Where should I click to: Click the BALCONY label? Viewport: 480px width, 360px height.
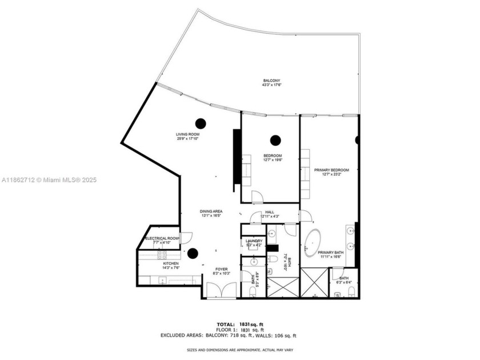pyautogui.click(x=272, y=81)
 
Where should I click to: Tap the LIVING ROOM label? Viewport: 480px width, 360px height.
pyautogui.click(x=187, y=134)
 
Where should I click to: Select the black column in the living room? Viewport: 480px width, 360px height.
pyautogui.click(x=201, y=122)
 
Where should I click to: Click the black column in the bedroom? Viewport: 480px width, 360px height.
pyautogui.click(x=276, y=139)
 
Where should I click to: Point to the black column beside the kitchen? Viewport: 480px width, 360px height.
pyautogui.click(x=193, y=253)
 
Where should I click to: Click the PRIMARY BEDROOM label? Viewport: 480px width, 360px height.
pyautogui.click(x=331, y=170)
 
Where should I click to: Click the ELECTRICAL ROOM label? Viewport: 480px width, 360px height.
pyautogui.click(x=162, y=238)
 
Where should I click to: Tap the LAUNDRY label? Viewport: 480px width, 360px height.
pyautogui.click(x=254, y=241)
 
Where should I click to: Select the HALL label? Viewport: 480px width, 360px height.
pyautogui.click(x=269, y=212)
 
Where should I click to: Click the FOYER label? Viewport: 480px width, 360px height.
pyautogui.click(x=221, y=269)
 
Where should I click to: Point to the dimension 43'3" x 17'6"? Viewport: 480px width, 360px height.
pyautogui.click(x=272, y=85)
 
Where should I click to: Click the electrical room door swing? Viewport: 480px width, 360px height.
pyautogui.click(x=186, y=235)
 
